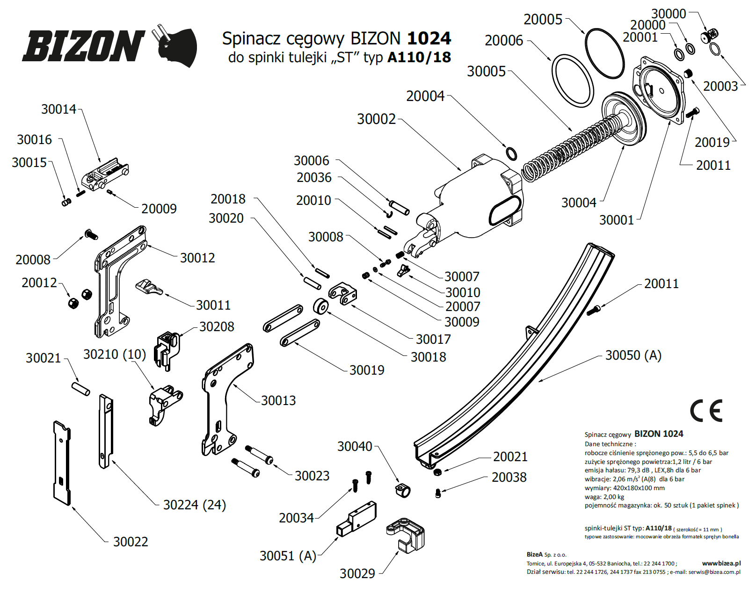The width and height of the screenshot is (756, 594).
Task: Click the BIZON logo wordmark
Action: click(83, 46)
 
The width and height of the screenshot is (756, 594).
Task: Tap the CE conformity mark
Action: click(706, 411)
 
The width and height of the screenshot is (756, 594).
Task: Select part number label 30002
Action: click(376, 119)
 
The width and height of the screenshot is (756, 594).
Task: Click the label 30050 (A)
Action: click(633, 355)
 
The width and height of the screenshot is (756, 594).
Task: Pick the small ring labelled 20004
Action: click(511, 153)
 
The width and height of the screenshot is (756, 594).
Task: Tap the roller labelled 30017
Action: click(320, 307)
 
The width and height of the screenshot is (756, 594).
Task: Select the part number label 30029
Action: click(357, 573)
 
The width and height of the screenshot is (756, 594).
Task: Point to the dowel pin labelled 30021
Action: click(80, 389)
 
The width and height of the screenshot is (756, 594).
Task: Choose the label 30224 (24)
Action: click(194, 505)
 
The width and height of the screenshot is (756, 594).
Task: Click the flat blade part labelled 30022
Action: click(62, 463)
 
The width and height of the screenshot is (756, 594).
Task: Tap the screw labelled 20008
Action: click(90, 234)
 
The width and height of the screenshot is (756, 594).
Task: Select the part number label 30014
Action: click(58, 109)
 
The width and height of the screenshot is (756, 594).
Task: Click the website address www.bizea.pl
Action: click(721, 563)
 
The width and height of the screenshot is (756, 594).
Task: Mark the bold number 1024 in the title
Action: click(429, 38)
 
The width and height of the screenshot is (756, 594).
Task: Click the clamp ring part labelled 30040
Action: click(402, 490)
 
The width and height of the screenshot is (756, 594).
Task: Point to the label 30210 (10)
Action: click(115, 355)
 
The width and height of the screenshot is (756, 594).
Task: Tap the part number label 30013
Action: click(278, 400)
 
